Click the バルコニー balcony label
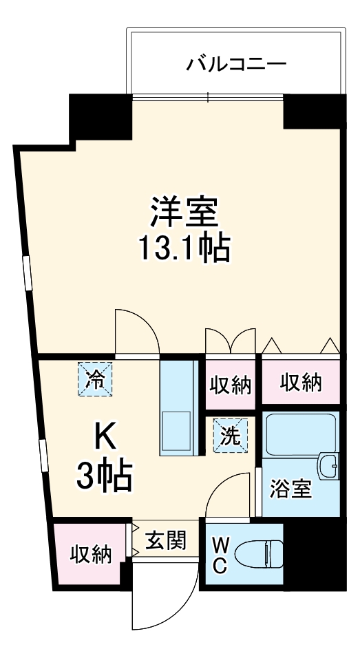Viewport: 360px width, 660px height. tap(236, 65)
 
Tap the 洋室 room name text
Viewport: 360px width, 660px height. tap(184, 213)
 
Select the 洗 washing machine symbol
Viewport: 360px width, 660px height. tap(231, 436)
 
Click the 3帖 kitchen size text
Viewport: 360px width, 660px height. tap(104, 475)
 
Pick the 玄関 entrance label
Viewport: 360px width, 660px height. tap(166, 540)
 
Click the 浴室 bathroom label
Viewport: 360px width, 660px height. tap(290, 489)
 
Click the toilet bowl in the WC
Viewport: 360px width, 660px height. tap(260, 553)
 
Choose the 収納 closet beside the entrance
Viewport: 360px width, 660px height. tap(90, 554)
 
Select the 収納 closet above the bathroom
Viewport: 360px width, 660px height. tap(300, 383)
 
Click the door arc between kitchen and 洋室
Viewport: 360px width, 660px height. tap(135, 332)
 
